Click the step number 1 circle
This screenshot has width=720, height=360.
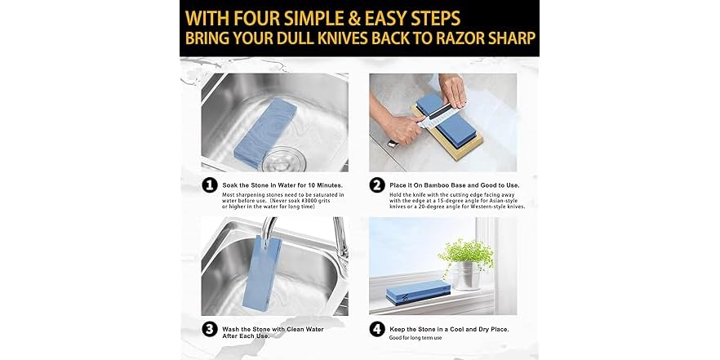coord(209,186)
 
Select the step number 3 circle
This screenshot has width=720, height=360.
coord(209,330)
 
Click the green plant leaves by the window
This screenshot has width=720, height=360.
coord(465,250)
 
